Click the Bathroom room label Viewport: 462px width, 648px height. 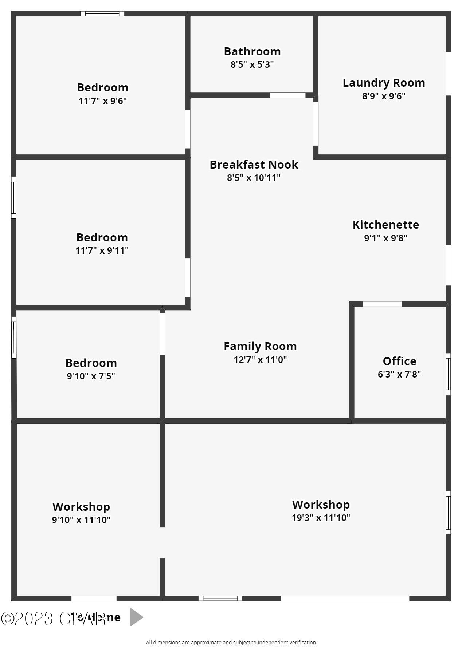tap(252, 51)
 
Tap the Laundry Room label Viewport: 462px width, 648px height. tap(384, 83)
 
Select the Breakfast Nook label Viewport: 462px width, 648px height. tap(254, 165)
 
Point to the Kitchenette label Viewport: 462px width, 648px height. tap(385, 225)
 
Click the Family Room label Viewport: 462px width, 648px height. tap(260, 346)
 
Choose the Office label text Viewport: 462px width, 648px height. tap(399, 361)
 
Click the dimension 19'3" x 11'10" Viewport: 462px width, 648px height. tap(321, 518)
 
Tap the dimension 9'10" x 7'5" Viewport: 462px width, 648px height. tap(91, 376)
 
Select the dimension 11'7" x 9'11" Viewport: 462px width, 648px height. tap(102, 250)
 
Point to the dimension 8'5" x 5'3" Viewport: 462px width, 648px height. tap(252, 64)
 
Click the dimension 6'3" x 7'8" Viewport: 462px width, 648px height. tap(399, 374)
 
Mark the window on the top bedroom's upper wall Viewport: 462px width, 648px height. tap(102, 14)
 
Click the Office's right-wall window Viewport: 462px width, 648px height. tap(448, 374)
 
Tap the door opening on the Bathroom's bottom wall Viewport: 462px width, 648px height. tap(287, 95)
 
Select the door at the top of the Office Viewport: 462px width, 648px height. tap(382, 304)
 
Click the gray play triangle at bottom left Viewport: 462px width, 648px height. tap(136, 617)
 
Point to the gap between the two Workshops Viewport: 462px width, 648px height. tap(163, 542)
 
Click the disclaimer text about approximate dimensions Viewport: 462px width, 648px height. tap(231, 643)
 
